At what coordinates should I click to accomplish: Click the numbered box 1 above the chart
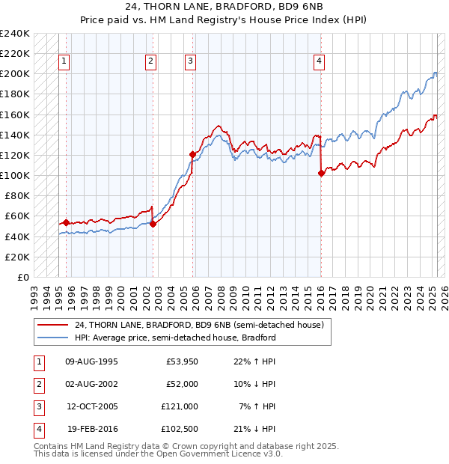pyautogui.click(x=64, y=61)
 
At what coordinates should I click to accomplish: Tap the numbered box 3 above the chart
pyautogui.click(x=191, y=61)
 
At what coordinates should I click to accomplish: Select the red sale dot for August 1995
pyautogui.click(x=66, y=222)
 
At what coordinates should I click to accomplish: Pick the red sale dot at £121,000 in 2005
pyautogui.click(x=192, y=154)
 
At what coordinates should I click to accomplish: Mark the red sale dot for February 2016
pyautogui.click(x=321, y=173)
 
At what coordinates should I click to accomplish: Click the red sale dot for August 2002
pyautogui.click(x=153, y=224)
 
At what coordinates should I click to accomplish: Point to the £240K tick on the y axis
pyautogui.click(x=14, y=34)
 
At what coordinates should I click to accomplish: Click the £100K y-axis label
pyautogui.click(x=14, y=176)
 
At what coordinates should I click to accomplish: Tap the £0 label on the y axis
pyautogui.click(x=22, y=277)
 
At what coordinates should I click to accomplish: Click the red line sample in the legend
pyautogui.click(x=53, y=325)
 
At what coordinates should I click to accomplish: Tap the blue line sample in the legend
pyautogui.click(x=53, y=338)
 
